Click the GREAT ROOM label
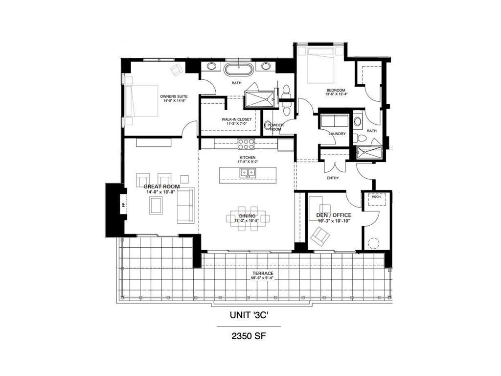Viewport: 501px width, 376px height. point(161,187)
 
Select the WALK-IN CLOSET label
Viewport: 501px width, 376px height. point(237,119)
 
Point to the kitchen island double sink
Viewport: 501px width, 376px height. point(247,172)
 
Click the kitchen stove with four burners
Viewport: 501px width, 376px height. point(246,144)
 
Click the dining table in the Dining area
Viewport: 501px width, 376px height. point(248,217)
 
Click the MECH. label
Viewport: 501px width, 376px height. point(376,197)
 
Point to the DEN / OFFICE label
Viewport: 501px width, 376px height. point(333,215)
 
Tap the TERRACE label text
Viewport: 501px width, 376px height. point(263,273)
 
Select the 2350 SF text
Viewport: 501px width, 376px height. point(249,336)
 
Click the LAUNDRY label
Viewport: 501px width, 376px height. point(337,134)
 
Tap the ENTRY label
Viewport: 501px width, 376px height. point(333,178)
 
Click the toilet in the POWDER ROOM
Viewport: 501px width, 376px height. point(268,126)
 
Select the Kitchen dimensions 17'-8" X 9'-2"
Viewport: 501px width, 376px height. point(248,162)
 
